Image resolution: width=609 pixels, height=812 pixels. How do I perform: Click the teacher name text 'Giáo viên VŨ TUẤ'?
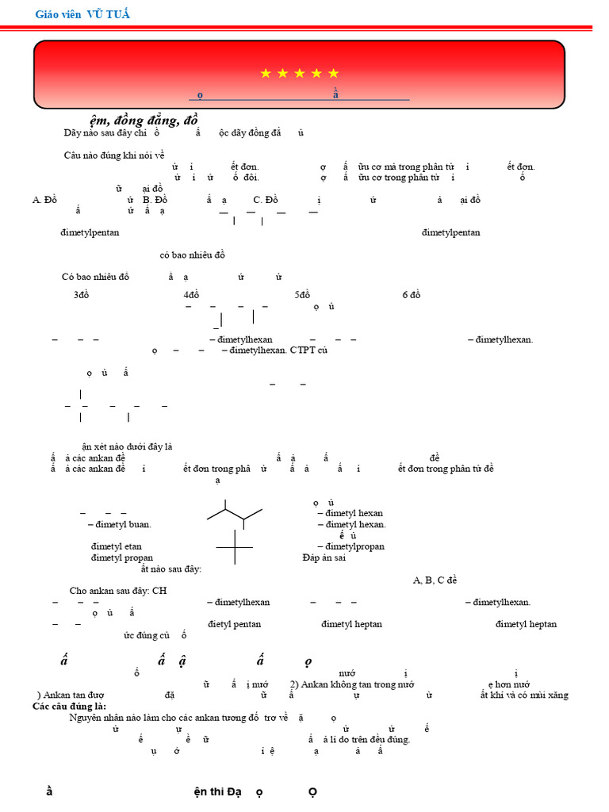pos(83,14)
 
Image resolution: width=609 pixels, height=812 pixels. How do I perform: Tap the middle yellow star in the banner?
pos(300,74)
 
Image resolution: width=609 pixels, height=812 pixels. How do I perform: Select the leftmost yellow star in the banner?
pos(266,74)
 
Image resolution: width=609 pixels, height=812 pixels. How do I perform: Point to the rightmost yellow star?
pos(333,74)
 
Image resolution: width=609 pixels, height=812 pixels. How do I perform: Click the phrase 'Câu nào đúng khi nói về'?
pos(114,155)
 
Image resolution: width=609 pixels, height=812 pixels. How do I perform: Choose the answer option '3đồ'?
pos(82,295)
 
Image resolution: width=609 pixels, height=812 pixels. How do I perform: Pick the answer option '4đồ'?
pos(190,295)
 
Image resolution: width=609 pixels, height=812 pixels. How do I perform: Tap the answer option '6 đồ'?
pos(411,295)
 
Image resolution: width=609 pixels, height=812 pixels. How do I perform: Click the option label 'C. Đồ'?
pos(266,200)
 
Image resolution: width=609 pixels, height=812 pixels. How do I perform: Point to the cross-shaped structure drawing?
pos(235,547)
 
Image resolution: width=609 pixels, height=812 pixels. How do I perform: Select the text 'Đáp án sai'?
pos(324,557)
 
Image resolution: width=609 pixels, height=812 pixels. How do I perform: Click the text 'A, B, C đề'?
pos(435,580)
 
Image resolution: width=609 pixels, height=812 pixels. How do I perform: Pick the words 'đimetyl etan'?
pos(116,546)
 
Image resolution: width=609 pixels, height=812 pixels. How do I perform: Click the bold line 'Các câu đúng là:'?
pos(69,706)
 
